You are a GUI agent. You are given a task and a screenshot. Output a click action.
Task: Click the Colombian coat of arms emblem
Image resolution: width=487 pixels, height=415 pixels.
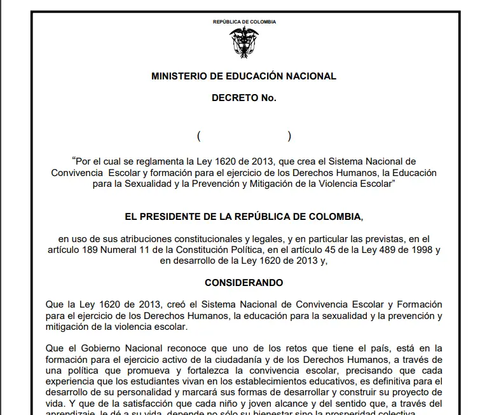[243, 43]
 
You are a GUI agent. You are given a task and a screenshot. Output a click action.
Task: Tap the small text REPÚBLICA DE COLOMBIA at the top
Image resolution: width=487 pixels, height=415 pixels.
[244, 22]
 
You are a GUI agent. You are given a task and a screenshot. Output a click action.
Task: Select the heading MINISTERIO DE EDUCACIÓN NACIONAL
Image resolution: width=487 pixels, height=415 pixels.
[243, 76]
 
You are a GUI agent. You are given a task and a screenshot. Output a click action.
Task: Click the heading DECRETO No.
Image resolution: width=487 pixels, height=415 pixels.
[243, 98]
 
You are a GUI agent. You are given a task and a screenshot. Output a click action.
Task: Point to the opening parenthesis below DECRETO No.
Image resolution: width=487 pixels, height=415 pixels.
[199, 135]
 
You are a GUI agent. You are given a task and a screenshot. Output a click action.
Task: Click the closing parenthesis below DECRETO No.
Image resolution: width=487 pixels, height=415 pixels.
[289, 135]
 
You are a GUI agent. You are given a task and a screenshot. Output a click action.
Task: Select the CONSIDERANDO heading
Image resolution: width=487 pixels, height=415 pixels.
[243, 282]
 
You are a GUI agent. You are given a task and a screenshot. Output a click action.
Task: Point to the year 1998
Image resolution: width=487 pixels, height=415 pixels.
[417, 250]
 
